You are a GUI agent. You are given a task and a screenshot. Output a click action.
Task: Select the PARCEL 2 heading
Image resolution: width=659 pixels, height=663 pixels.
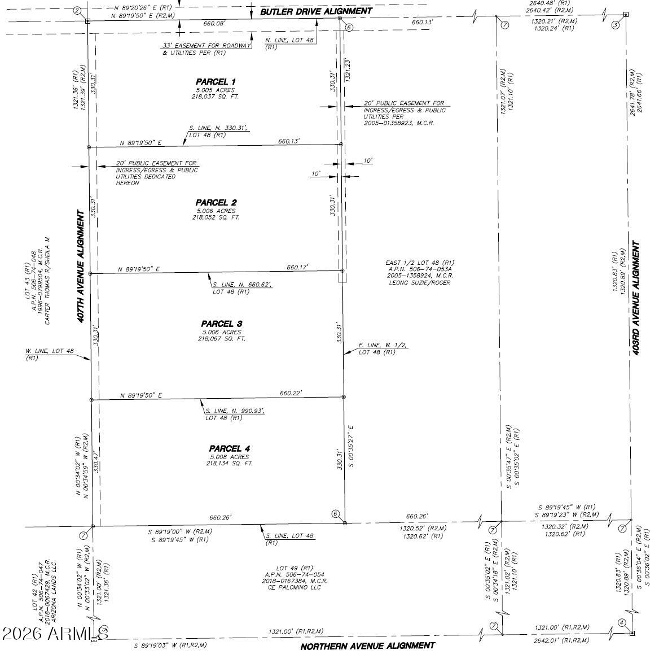click(216, 203)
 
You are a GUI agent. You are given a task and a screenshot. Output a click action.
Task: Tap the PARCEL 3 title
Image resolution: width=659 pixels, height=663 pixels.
click(222, 324)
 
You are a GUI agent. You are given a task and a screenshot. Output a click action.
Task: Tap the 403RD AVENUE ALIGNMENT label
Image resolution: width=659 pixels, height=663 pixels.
click(636, 297)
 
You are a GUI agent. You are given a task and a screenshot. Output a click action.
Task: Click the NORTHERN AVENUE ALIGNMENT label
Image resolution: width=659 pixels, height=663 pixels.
click(367, 645)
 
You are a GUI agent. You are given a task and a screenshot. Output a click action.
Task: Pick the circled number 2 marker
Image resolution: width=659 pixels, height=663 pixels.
click(77, 10)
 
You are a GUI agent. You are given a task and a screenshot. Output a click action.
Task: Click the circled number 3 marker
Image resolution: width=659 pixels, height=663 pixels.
click(616, 25)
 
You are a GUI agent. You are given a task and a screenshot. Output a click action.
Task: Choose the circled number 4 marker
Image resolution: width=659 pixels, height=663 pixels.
click(622, 623)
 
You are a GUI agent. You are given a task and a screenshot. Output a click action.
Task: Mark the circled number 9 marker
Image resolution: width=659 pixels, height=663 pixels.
click(104, 629)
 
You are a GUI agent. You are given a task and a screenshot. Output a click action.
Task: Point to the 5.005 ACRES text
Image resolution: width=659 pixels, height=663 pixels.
click(215, 90)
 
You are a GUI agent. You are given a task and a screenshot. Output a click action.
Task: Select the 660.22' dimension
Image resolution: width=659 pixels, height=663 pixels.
click(291, 393)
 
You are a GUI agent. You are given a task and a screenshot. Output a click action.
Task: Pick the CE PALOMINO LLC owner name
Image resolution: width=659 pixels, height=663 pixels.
click(295, 587)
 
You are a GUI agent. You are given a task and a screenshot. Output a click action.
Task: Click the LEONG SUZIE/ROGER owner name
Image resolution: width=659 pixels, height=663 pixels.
click(420, 282)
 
